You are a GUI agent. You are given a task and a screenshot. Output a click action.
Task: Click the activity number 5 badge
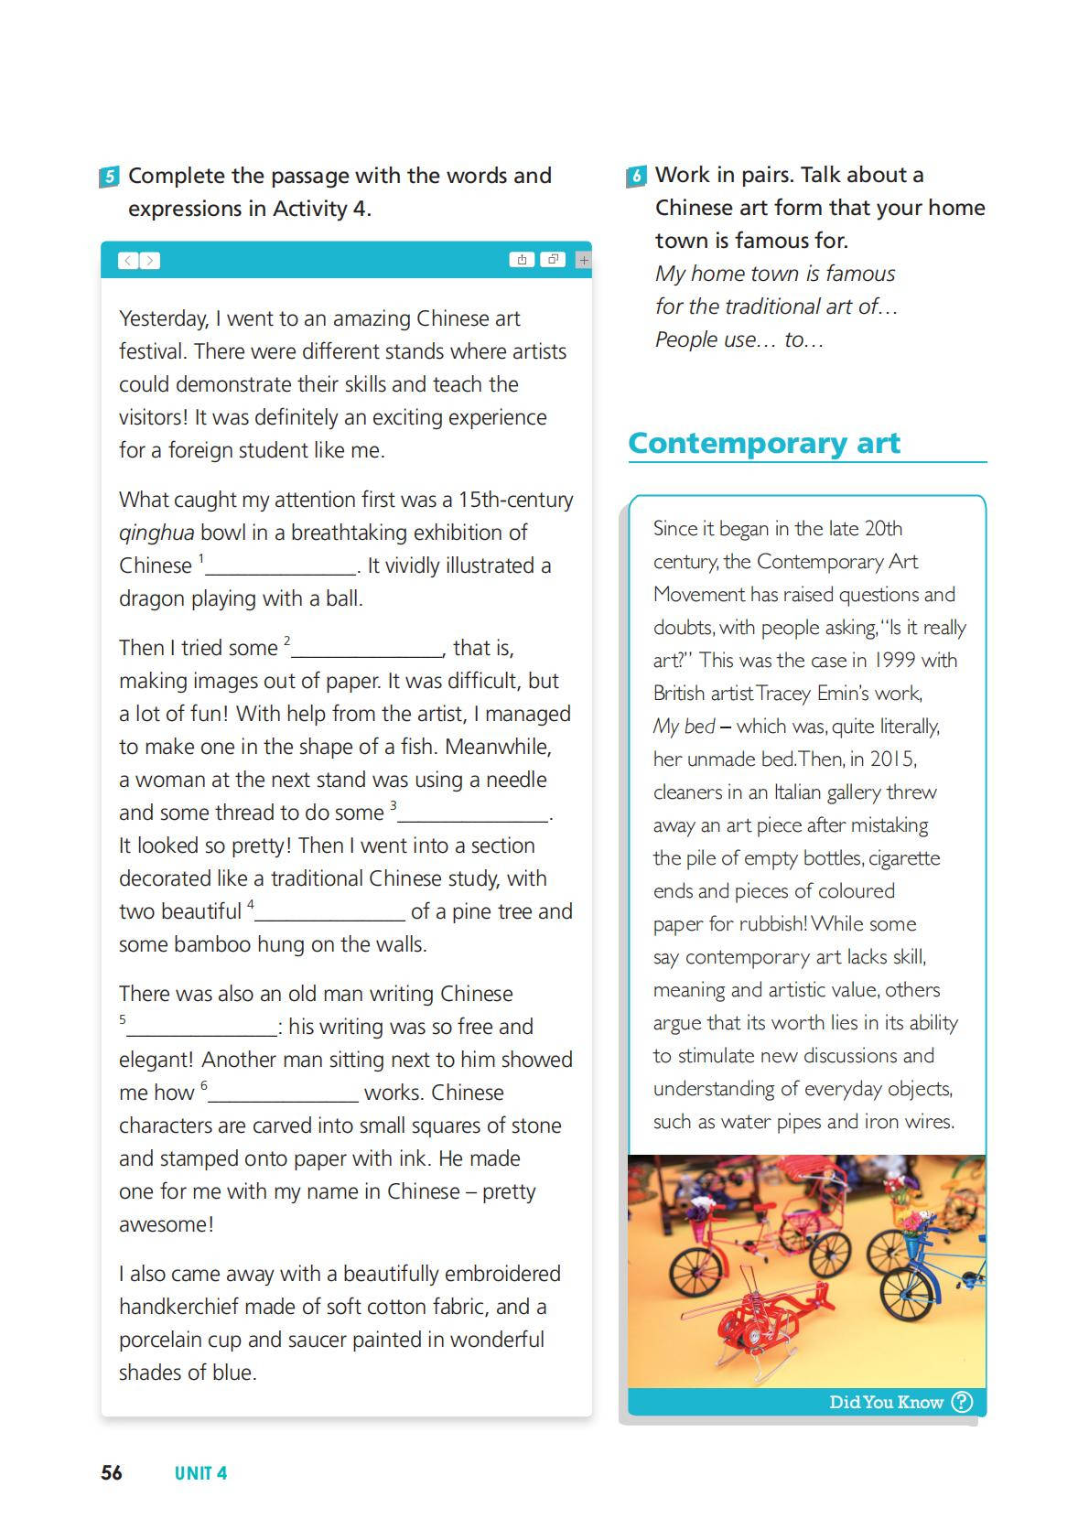[x=109, y=177]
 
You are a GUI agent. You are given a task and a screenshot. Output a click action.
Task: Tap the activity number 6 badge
[x=637, y=176]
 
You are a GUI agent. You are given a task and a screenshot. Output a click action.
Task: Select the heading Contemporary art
[x=764, y=443]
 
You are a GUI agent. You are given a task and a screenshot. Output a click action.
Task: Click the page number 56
[x=112, y=1472]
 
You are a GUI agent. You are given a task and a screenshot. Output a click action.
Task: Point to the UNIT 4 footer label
[x=200, y=1473]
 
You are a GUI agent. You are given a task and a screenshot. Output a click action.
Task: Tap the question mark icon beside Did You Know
[x=962, y=1402]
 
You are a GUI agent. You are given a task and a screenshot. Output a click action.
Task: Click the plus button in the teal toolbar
[x=584, y=260]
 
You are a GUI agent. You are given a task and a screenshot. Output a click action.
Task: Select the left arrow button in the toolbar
[x=129, y=261]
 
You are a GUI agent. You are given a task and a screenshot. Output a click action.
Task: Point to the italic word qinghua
[x=156, y=533]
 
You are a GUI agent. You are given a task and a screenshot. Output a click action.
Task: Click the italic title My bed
[x=684, y=727]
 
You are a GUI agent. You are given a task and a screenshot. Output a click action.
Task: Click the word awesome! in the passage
[x=167, y=1224]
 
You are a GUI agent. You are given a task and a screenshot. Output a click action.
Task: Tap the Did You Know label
[x=885, y=1402]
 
